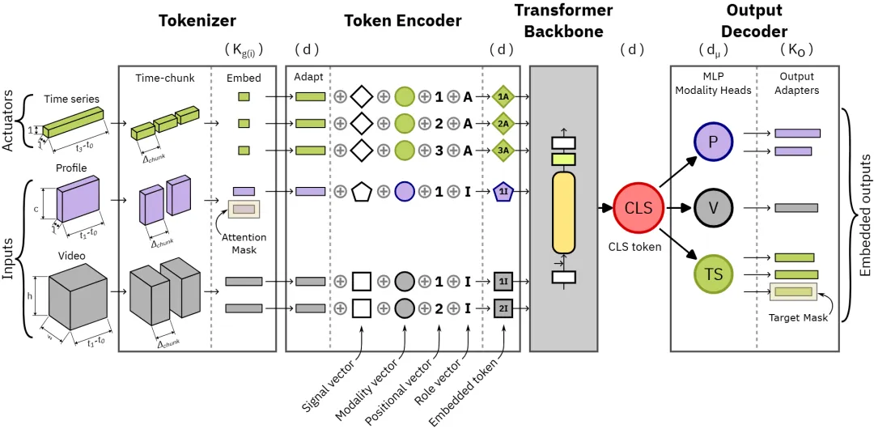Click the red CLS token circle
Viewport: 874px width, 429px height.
coord(639,207)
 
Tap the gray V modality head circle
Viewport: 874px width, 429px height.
coord(713,208)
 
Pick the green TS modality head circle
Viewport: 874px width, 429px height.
coord(713,274)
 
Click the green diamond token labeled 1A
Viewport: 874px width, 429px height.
coord(503,97)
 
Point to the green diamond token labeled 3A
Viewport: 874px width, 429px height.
coord(503,151)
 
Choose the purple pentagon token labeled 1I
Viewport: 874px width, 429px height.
coord(503,192)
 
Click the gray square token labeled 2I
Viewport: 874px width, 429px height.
coord(503,308)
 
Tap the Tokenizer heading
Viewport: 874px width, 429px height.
coord(197,19)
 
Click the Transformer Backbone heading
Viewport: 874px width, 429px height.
coord(563,21)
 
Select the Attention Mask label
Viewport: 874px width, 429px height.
coord(244,244)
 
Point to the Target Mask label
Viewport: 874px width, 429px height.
coord(797,318)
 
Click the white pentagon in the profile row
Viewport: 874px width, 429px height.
coord(362,192)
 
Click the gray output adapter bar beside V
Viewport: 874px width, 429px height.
coord(796,208)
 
